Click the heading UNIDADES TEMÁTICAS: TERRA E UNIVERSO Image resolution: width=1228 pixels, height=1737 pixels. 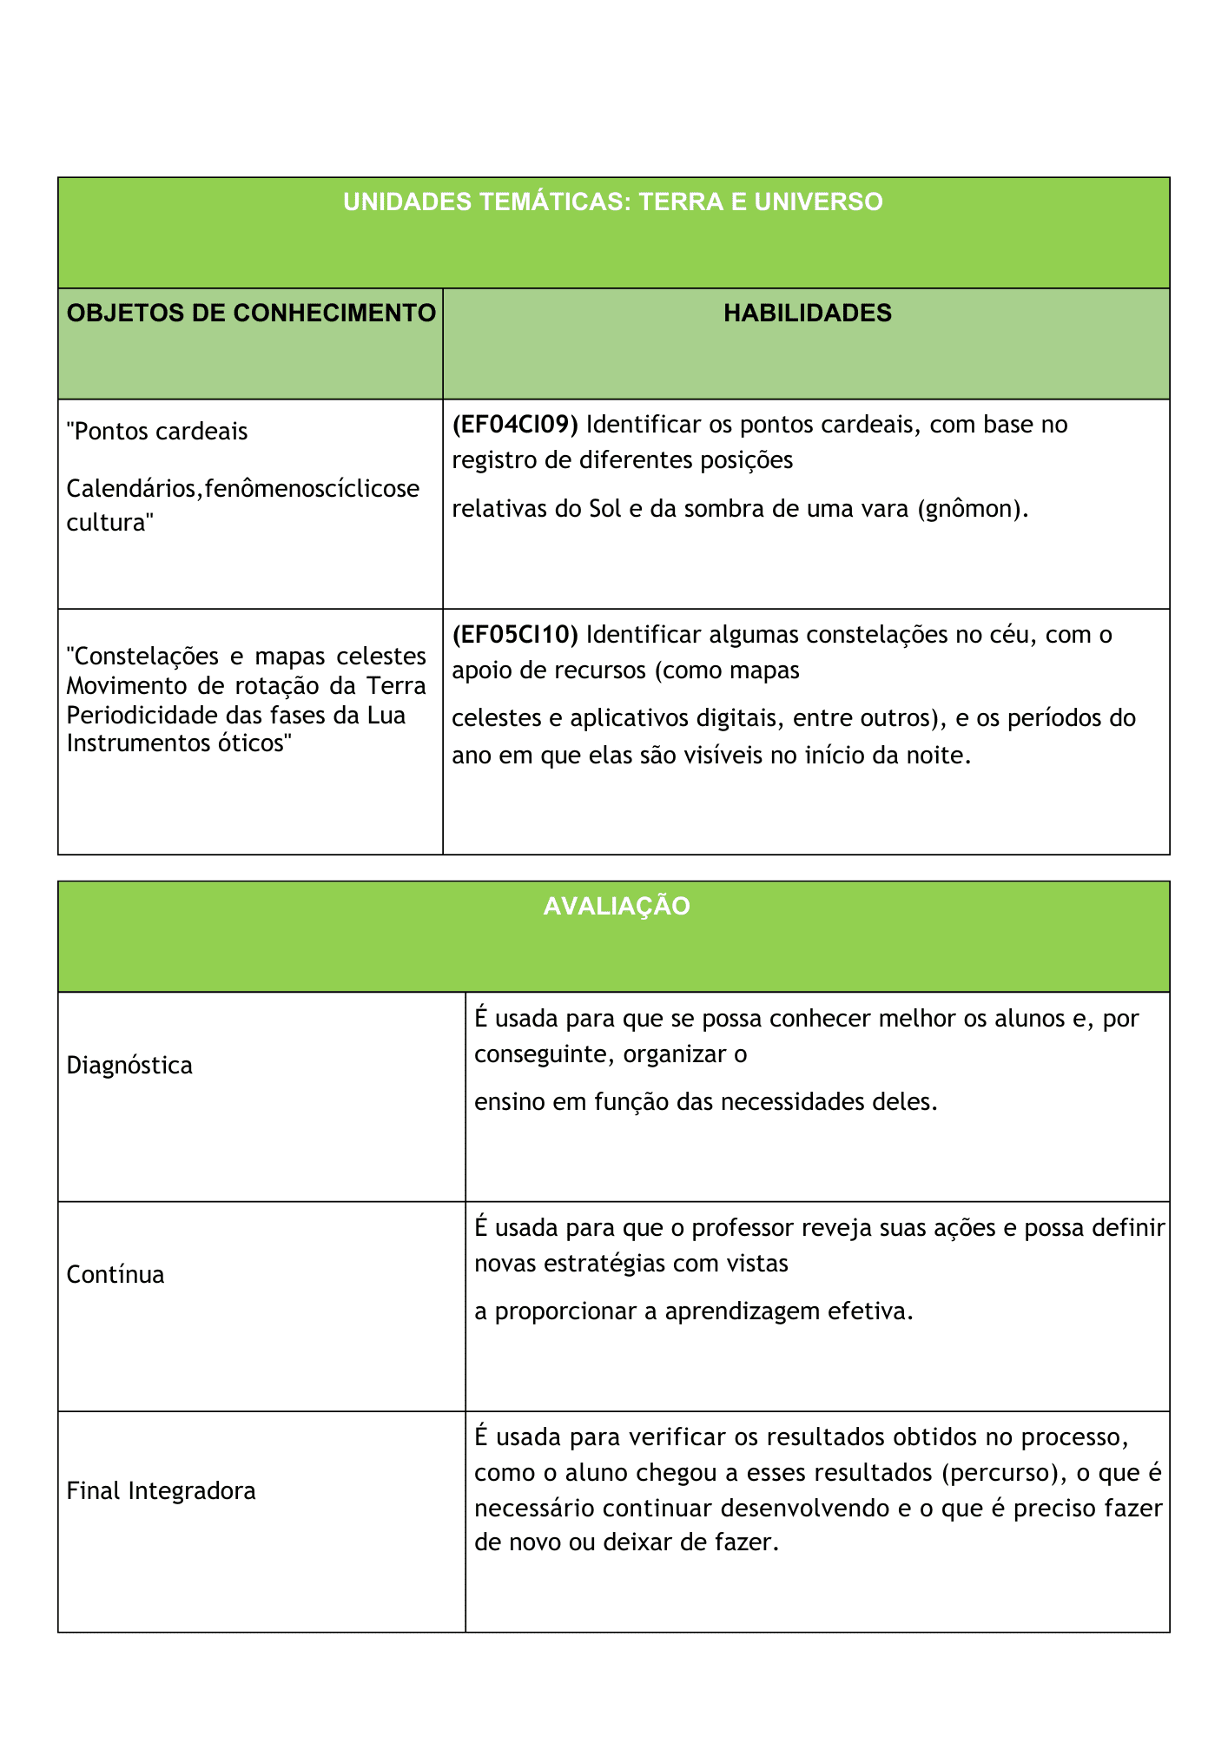612,202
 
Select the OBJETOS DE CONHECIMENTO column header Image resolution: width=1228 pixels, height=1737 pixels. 251,314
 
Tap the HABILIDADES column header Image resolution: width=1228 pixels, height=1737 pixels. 807,314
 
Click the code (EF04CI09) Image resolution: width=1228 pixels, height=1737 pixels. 515,425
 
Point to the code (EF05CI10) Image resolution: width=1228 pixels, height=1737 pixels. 515,635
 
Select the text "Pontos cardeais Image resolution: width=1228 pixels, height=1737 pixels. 157,432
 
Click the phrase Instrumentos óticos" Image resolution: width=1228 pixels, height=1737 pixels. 176,743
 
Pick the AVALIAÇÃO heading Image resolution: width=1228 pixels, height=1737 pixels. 616,907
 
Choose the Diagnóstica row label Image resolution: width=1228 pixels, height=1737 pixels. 129,1066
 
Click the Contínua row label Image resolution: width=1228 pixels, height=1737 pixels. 116,1275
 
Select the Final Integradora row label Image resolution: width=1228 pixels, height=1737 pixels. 161,1491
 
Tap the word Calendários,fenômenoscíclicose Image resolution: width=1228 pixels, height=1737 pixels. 242,489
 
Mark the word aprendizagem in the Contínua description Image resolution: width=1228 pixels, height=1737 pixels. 743,1311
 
